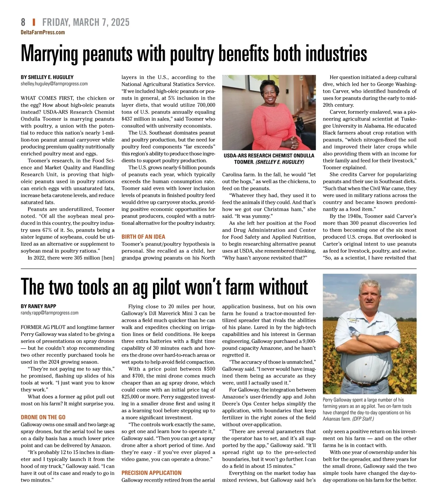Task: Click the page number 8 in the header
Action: tap(23, 22)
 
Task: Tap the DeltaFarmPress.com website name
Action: tap(43, 32)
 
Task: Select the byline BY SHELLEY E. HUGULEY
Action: tap(47, 77)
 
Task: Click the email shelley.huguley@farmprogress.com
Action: tap(54, 84)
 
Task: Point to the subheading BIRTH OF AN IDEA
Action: tap(143, 237)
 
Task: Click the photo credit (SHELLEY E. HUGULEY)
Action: tap(280, 162)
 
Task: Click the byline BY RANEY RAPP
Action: tap(38, 306)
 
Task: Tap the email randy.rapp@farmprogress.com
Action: tap(49, 313)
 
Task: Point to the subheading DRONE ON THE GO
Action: tap(43, 417)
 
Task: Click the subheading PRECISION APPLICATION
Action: tap(152, 473)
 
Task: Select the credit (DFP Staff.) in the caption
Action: tap(363, 419)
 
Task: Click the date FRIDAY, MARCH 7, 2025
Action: tap(86, 22)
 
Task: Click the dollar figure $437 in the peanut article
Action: tap(127, 119)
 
